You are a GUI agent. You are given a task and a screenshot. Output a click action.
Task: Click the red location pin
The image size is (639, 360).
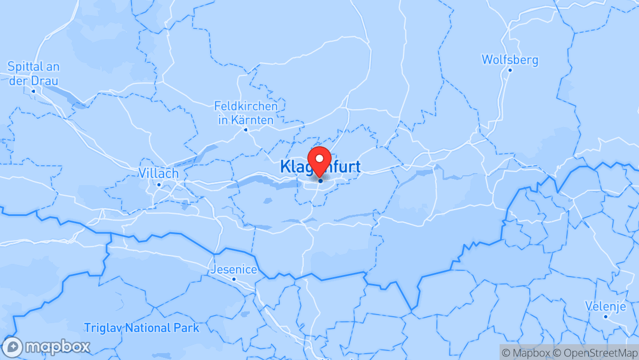point(319,161)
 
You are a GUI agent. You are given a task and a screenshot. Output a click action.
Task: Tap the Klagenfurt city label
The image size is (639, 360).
point(321,167)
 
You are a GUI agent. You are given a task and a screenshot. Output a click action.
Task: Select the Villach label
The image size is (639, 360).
point(158,173)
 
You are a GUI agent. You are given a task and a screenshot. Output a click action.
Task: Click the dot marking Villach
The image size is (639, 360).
point(159,185)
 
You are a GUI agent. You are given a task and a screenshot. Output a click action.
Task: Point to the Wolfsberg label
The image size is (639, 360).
point(510,60)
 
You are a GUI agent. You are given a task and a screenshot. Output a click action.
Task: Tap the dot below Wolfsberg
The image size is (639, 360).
point(510,70)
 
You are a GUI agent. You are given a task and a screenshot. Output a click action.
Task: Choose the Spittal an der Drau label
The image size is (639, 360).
point(33,74)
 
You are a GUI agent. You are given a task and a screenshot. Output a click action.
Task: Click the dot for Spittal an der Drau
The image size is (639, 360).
point(33,91)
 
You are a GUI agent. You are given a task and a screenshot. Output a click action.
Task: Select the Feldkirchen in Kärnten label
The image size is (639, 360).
point(246,113)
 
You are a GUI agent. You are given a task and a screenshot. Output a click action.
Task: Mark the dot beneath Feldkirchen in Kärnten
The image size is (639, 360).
point(246,129)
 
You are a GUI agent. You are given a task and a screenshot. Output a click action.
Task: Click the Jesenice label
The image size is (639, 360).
point(234,270)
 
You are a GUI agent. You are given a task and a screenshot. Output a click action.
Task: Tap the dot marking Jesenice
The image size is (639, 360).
point(234,279)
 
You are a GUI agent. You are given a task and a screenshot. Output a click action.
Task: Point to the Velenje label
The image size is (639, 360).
point(605,306)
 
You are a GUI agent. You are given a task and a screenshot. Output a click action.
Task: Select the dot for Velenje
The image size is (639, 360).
point(606,316)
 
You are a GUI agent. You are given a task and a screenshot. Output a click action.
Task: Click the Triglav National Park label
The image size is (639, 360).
point(142,328)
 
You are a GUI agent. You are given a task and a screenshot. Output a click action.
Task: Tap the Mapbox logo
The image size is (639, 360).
point(46,347)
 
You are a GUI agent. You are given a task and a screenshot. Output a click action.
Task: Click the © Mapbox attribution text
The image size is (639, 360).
point(526,353)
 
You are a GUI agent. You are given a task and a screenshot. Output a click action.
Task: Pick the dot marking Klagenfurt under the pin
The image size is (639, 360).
point(321,181)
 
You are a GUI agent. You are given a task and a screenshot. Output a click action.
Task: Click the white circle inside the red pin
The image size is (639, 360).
point(319,158)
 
